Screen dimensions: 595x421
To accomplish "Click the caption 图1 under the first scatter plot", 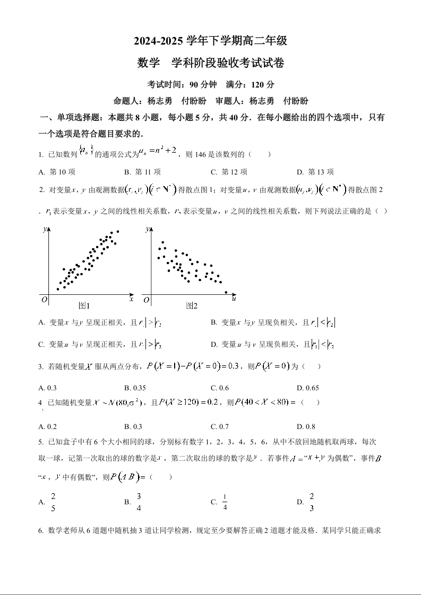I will click(x=84, y=306).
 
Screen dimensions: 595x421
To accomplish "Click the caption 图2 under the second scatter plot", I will click(x=192, y=306).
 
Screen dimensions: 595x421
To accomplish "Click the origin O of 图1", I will click(x=44, y=300).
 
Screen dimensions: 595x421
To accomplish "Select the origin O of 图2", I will click(x=145, y=300).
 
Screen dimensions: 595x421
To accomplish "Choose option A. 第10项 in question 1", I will click(x=57, y=172).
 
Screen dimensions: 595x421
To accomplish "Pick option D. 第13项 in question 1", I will click(x=315, y=172).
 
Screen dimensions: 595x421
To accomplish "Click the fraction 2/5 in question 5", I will click(x=53, y=502).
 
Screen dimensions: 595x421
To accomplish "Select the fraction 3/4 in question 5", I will click(x=139, y=502).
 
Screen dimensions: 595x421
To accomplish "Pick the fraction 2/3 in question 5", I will click(x=312, y=502).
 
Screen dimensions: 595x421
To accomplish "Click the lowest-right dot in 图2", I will click(x=226, y=292).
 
